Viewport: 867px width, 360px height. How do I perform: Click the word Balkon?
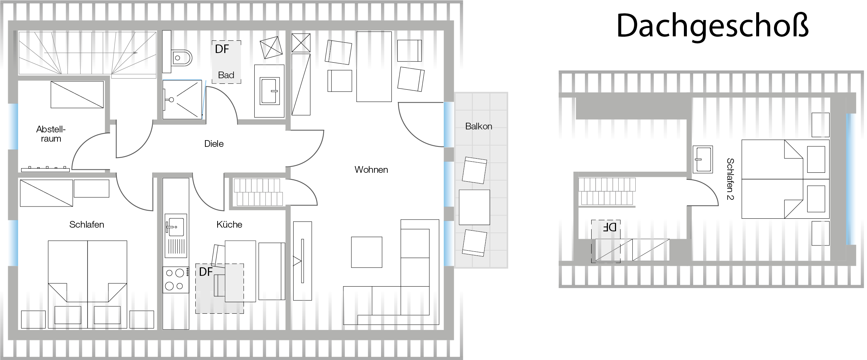pos(479,126)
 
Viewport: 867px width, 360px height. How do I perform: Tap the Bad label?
pos(226,75)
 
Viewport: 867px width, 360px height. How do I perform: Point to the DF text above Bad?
pos(222,49)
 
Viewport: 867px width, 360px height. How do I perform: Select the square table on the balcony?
pos(474,207)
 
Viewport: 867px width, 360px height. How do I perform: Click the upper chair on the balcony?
pos(474,170)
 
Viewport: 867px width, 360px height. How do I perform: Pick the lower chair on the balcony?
pos(474,242)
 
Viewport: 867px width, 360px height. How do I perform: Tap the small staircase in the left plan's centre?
pos(258,192)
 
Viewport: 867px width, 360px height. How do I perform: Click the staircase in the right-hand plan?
pos(607,191)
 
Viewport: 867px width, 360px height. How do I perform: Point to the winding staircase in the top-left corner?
pos(87,55)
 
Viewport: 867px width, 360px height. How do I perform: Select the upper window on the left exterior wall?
pos(13,126)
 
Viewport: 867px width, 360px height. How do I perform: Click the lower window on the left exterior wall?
pos(13,243)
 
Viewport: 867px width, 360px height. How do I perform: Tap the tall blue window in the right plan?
pos(851,179)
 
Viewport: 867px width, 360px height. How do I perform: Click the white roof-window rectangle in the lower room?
pos(240,271)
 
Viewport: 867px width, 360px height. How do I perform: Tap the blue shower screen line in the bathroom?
pos(203,99)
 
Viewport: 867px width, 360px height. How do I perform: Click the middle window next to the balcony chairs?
pos(449,184)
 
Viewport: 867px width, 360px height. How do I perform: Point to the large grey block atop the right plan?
pos(633,109)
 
